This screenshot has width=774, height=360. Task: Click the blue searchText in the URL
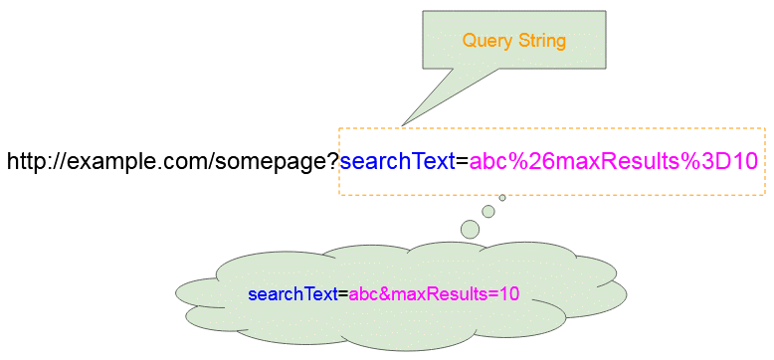pos(397,161)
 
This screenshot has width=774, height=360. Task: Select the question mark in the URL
pos(333,161)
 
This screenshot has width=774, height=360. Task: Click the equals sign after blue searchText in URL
pos(462,161)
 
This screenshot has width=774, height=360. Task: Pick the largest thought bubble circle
pos(470,230)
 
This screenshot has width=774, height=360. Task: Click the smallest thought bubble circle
pos(502,198)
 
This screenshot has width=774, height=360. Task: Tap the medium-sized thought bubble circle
pos(488,211)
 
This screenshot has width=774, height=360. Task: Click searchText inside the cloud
pos(292,293)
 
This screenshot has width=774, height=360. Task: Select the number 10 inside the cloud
pos(509,293)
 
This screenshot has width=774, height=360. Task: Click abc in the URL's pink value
pos(486,161)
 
